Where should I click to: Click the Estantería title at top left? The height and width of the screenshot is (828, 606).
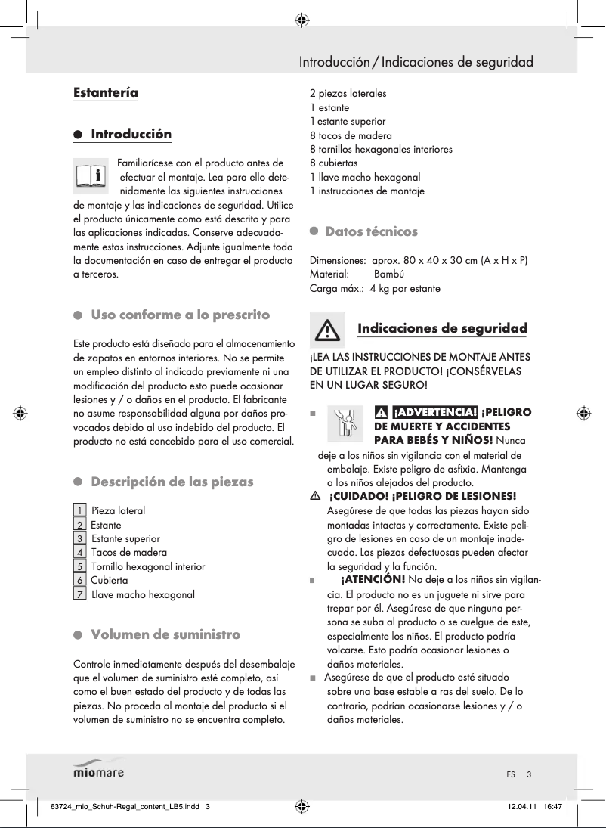[x=105, y=93]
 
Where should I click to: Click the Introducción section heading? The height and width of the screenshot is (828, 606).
[x=131, y=135]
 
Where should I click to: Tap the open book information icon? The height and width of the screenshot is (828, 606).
[x=92, y=175]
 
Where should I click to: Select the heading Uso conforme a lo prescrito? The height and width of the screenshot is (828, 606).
[x=180, y=315]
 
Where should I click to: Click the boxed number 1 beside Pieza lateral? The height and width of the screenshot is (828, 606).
[x=79, y=511]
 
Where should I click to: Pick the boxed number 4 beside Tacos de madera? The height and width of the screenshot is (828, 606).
[x=79, y=553]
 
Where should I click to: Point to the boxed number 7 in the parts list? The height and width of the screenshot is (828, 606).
[x=79, y=594]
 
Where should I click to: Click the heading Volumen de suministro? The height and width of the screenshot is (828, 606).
[x=165, y=634]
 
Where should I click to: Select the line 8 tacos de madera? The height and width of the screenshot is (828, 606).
[x=351, y=136]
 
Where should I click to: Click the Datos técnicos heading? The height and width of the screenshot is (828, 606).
[x=370, y=231]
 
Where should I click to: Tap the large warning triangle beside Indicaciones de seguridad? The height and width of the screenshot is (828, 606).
[x=326, y=330]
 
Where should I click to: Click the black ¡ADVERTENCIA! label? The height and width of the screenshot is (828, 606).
[x=434, y=412]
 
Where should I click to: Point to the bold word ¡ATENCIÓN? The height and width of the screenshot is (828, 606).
[x=373, y=579]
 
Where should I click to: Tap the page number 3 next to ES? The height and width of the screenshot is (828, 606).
[x=530, y=774]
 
